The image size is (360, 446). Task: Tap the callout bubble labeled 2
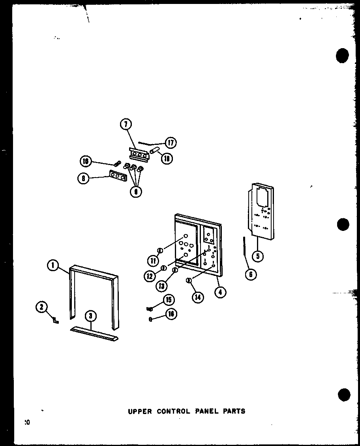(x=41, y=307)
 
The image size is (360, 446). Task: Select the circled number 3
(x=91, y=316)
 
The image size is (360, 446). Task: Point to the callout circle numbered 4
(x=220, y=292)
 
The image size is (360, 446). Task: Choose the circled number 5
(x=257, y=256)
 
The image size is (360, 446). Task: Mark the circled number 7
(x=126, y=125)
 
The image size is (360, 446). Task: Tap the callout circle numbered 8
(x=84, y=178)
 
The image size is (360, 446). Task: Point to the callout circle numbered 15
(x=169, y=300)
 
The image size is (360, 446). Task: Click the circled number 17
(x=170, y=142)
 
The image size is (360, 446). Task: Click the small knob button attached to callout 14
(x=189, y=281)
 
